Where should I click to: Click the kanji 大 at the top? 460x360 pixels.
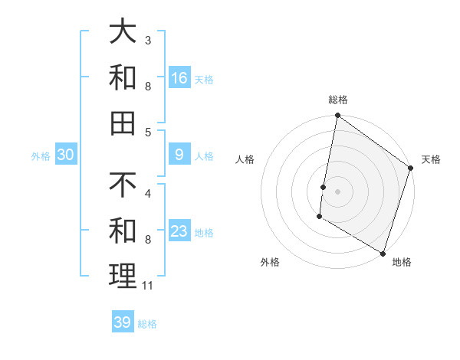pos(123,32)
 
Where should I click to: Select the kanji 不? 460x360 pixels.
pos(123,186)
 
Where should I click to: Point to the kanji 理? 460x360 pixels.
pos(123,276)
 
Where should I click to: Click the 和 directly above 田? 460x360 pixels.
pos(123,77)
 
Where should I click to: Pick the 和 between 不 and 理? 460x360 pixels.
pos(123,231)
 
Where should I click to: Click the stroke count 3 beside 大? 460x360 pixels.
pos(147,40)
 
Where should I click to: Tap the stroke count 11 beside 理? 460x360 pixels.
pos(148,286)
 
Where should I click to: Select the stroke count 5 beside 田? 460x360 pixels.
pos(147,132)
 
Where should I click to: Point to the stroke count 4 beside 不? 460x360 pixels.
pos(147,194)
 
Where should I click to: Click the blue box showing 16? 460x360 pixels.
pos(179,78)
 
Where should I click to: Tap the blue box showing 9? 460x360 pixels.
pos(179,155)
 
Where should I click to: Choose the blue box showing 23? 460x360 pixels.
pos(179,232)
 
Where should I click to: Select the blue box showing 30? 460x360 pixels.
pos(66,155)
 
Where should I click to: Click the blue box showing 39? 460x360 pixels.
pos(123,322)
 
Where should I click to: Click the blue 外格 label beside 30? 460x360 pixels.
pos(41,156)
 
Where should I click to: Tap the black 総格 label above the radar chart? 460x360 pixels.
pos(338,100)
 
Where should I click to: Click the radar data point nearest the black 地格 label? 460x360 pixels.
pos(383,253)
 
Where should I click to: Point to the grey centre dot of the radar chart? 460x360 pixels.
pos(338,191)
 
